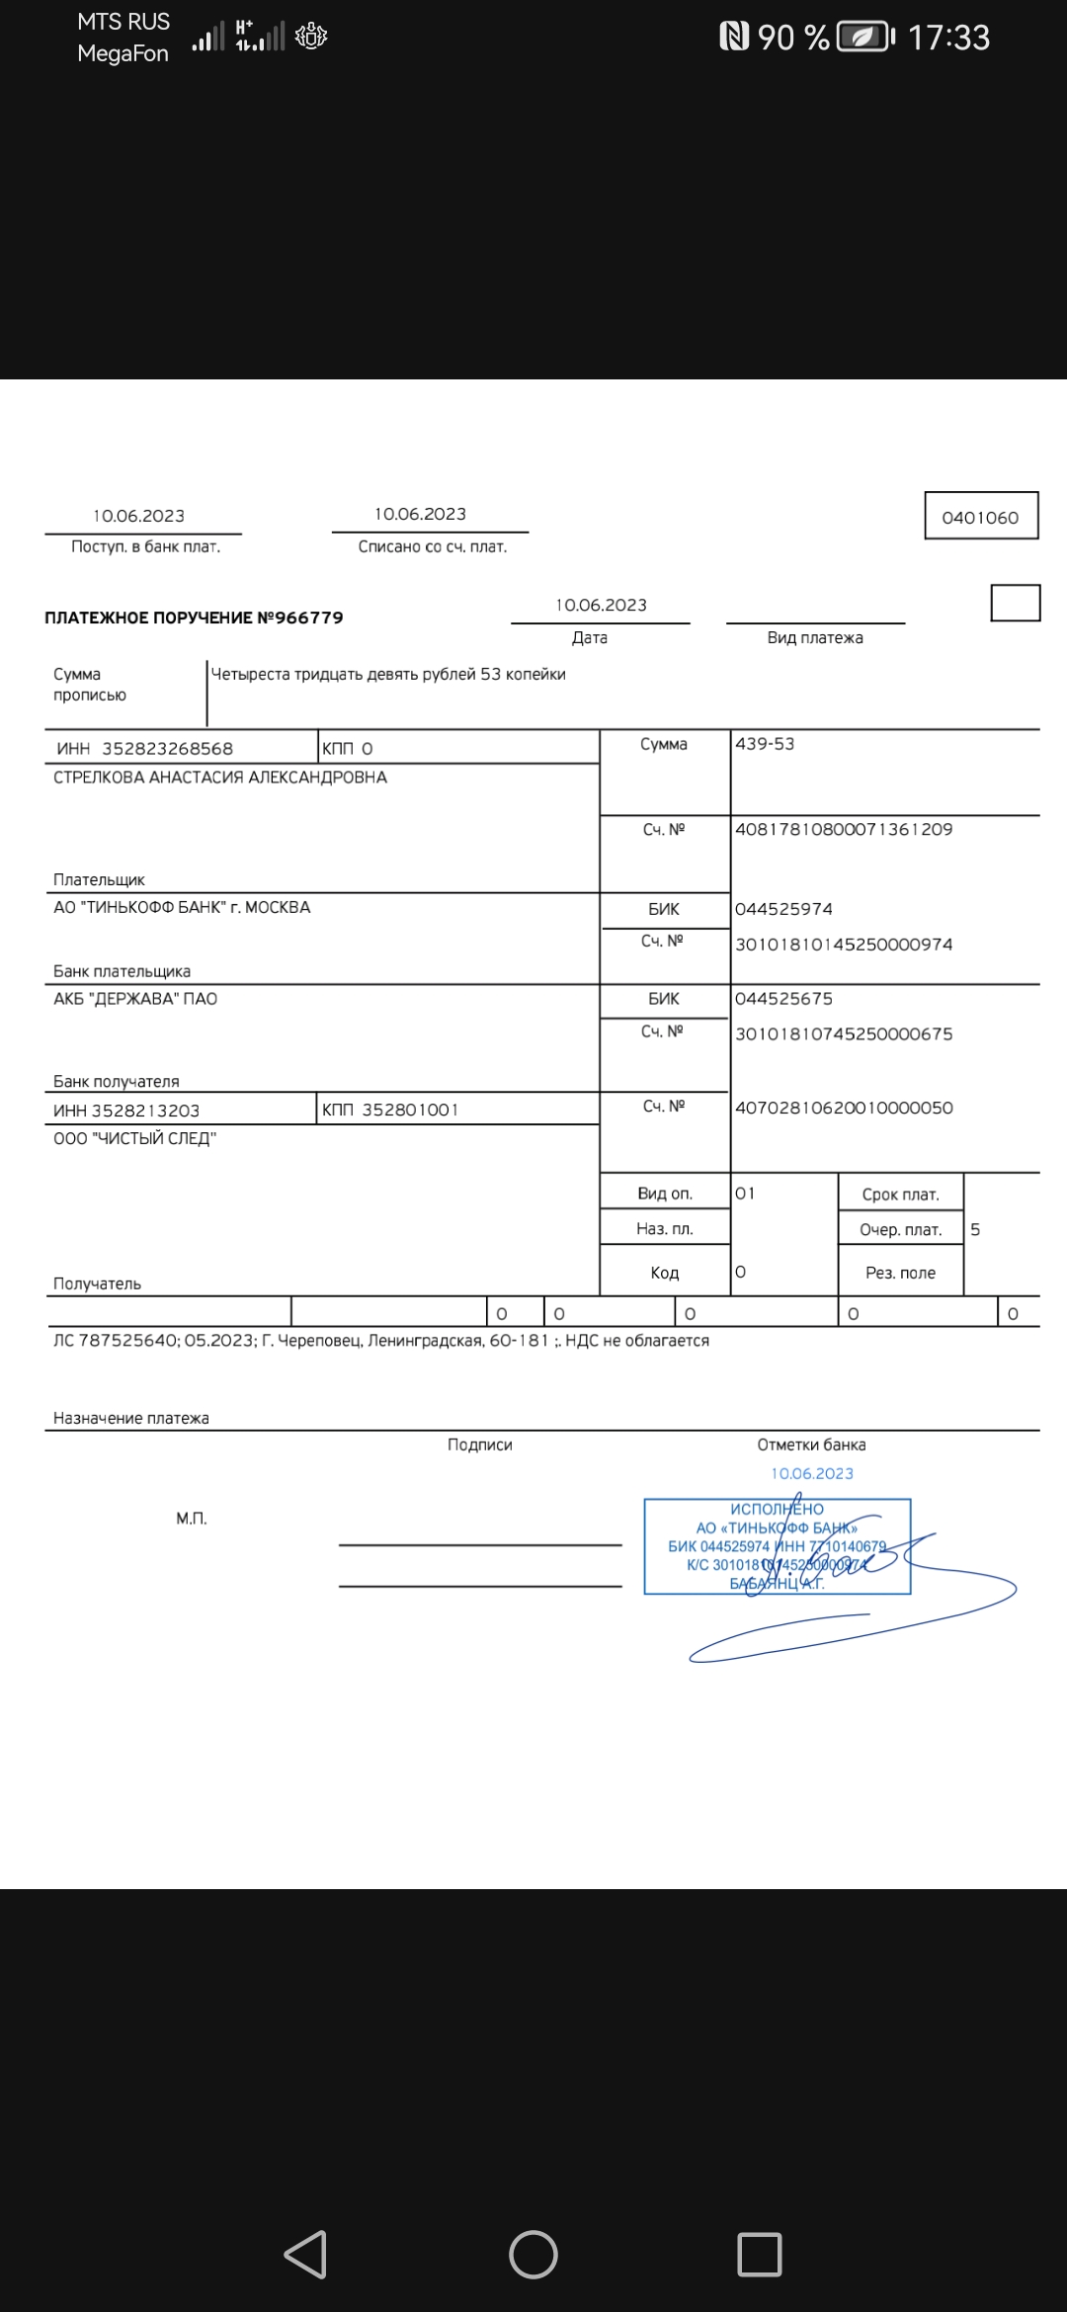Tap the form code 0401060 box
pyautogui.click(x=980, y=517)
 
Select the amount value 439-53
pyautogui.click(x=765, y=744)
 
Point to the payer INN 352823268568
pyautogui.click(x=167, y=749)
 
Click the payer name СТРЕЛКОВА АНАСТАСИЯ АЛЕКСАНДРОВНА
pyautogui.click(x=220, y=778)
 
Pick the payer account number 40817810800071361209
pyautogui.click(x=844, y=830)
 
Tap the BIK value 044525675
pyautogui.click(x=783, y=999)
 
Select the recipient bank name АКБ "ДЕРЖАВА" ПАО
pyautogui.click(x=135, y=999)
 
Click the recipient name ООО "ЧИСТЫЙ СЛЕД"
pyautogui.click(x=134, y=1138)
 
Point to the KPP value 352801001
pyautogui.click(x=410, y=1111)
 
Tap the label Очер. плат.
pyautogui.click(x=900, y=1230)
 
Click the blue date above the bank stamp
pyautogui.click(x=812, y=1474)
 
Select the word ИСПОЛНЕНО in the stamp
pyautogui.click(x=777, y=1509)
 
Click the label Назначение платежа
pyautogui.click(x=131, y=1419)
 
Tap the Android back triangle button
pyautogui.click(x=305, y=2255)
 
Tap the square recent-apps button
pyautogui.click(x=760, y=2255)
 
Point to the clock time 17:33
pyautogui.click(x=948, y=38)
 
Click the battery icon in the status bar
pyautogui.click(x=864, y=38)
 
